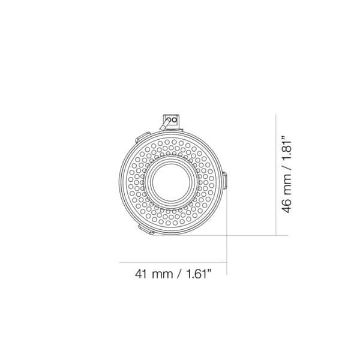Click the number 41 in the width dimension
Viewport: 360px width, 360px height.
pyautogui.click(x=141, y=275)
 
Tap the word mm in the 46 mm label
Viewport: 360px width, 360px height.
pyautogui.click(x=289, y=184)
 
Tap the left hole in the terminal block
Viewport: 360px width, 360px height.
pyautogui.click(x=169, y=119)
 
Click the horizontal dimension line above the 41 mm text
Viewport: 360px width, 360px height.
pyautogui.click(x=174, y=262)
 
